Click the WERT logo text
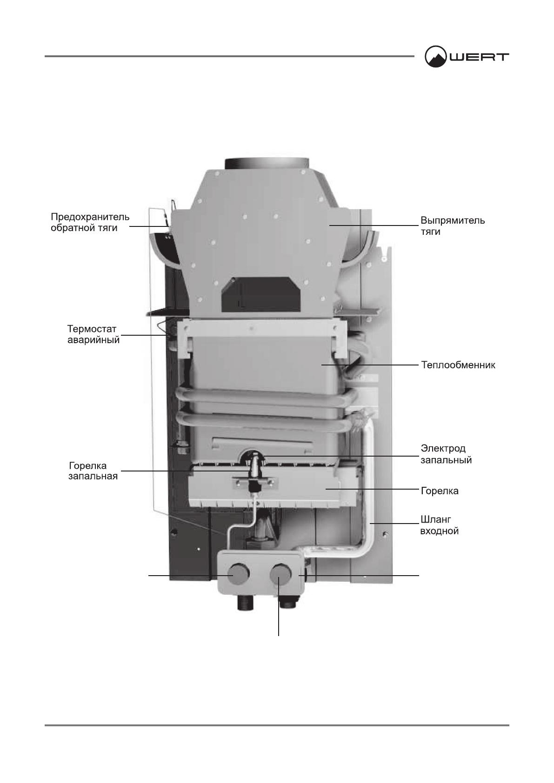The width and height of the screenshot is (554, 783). (479, 57)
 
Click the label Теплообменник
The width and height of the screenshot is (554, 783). (458, 365)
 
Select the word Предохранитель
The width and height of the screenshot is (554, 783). (90, 217)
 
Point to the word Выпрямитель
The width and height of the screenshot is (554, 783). (453, 221)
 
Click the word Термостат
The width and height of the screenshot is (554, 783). (92, 329)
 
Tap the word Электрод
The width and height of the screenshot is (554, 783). (443, 449)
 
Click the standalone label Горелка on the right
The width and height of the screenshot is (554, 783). (439, 491)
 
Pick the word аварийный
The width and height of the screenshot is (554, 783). (93, 340)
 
